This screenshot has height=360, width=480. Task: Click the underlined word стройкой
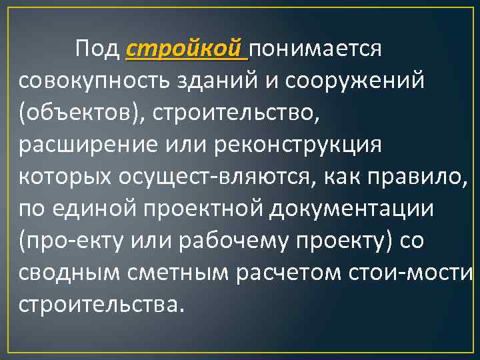point(185,49)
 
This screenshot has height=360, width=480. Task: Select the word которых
point(67,176)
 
